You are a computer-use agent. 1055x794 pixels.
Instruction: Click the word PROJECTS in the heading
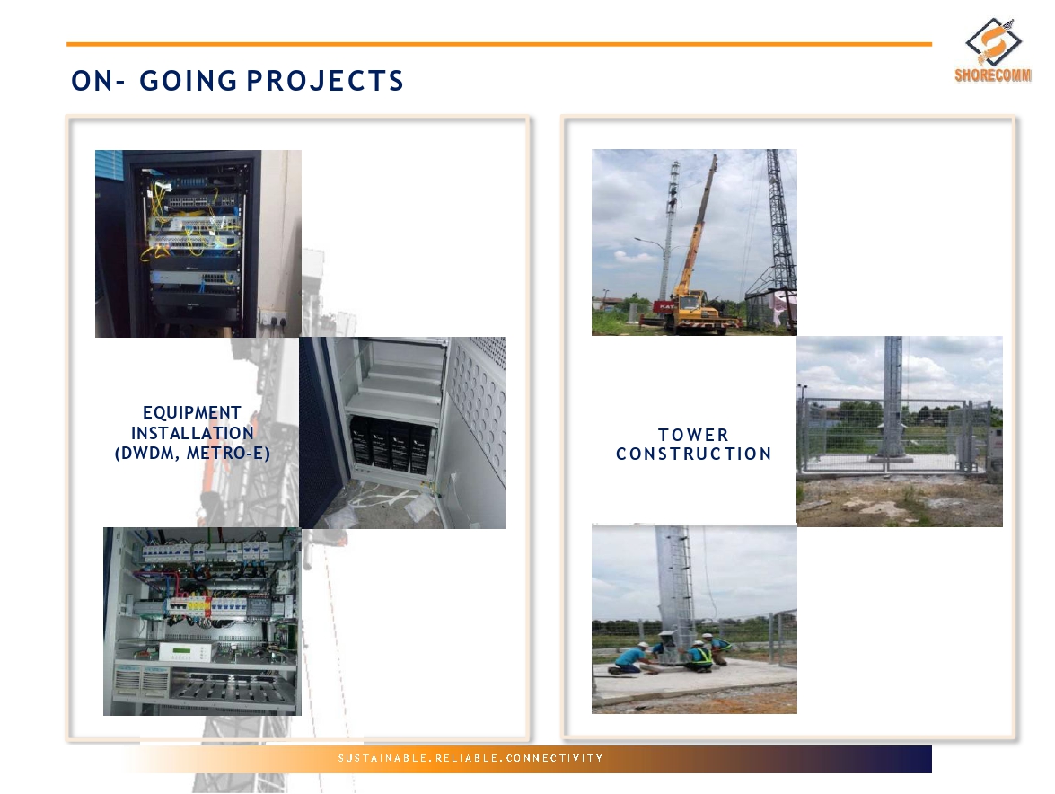point(325,81)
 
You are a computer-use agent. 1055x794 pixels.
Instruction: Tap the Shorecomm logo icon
point(993,41)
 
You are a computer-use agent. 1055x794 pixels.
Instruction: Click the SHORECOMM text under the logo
point(993,75)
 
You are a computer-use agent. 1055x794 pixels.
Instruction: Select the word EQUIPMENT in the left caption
point(192,412)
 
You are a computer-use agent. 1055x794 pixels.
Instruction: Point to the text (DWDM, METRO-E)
point(192,454)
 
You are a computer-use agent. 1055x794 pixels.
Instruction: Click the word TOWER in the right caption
point(694,435)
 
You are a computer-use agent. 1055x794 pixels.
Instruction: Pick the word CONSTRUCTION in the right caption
point(694,454)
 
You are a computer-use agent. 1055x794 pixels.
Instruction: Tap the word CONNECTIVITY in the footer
point(554,758)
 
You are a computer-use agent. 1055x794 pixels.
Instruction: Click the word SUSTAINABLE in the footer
point(382,758)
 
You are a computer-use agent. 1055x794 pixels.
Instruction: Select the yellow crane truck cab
point(690,307)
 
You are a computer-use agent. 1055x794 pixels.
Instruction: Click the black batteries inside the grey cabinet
point(391,443)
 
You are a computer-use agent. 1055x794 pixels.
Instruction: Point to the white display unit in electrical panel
point(185,651)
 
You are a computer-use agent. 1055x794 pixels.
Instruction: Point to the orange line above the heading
point(499,44)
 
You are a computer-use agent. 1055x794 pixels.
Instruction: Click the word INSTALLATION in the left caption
point(192,433)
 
